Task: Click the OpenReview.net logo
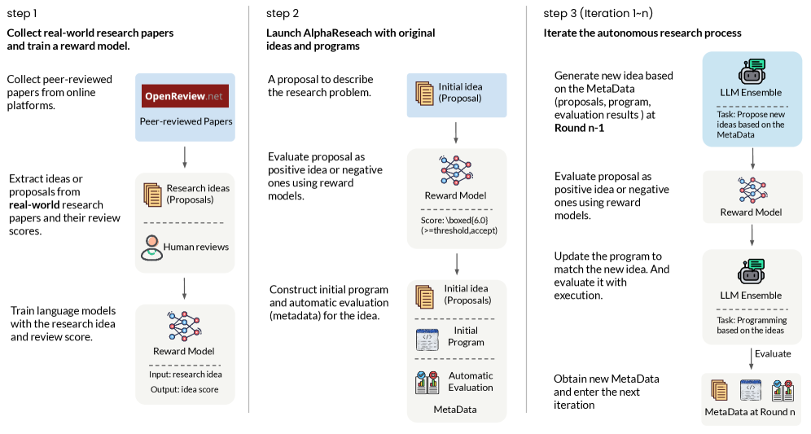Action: [185, 96]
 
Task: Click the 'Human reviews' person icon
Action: [151, 247]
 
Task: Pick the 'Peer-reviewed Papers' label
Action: [186, 121]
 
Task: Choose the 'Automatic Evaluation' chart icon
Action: [427, 382]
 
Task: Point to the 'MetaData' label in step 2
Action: [455, 409]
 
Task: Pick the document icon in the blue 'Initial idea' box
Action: [423, 92]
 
